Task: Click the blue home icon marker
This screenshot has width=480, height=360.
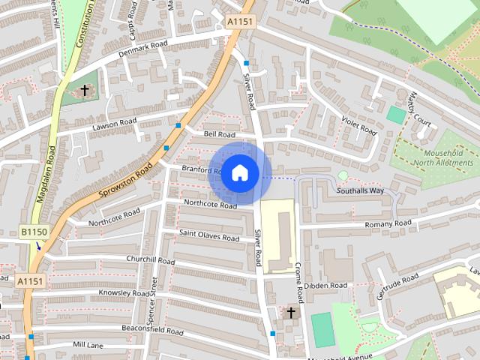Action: (239, 172)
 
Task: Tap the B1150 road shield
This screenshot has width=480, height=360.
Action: (34, 232)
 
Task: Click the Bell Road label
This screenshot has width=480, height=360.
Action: (220, 134)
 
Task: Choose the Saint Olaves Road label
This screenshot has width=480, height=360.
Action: (209, 235)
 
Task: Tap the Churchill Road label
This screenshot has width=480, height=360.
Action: (150, 260)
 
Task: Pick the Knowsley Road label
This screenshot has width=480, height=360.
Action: (124, 293)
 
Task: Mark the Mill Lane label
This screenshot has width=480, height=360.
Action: (88, 344)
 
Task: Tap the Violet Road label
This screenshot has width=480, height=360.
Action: (358, 124)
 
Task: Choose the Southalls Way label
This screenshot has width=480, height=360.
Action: (360, 190)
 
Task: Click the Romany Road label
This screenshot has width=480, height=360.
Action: (388, 223)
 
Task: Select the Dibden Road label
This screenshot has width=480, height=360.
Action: (327, 286)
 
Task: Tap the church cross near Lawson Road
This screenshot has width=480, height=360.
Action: (85, 91)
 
